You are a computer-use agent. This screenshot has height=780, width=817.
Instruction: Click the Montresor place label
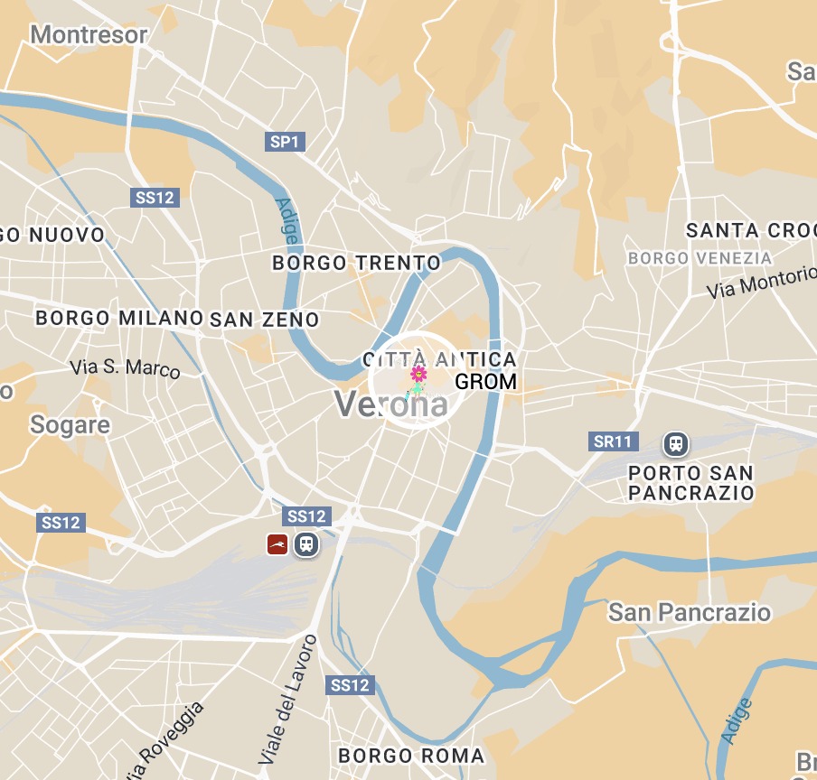(89, 34)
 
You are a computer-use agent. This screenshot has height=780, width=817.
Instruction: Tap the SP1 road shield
(286, 141)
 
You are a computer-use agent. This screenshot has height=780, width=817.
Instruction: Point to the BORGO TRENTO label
(356, 263)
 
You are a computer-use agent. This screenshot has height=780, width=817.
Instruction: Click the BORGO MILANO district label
(118, 318)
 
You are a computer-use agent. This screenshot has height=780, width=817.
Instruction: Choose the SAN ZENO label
(264, 320)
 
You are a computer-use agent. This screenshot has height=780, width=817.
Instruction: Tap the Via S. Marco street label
(125, 367)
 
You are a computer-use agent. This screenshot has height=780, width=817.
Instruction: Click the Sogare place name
(70, 424)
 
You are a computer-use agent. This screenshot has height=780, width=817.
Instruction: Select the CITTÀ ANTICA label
(439, 359)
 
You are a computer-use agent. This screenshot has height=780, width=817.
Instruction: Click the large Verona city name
(391, 404)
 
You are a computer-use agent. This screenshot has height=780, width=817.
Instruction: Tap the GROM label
(485, 381)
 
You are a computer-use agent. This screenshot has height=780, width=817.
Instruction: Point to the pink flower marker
(418, 374)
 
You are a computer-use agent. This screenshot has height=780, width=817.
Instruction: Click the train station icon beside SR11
(675, 443)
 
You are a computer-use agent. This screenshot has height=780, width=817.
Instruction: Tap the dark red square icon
(277, 543)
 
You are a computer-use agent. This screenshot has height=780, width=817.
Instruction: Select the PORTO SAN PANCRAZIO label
(690, 483)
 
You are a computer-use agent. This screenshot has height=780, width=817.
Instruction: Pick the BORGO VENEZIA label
(700, 258)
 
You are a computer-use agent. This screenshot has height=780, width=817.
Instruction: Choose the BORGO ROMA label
(410, 755)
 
